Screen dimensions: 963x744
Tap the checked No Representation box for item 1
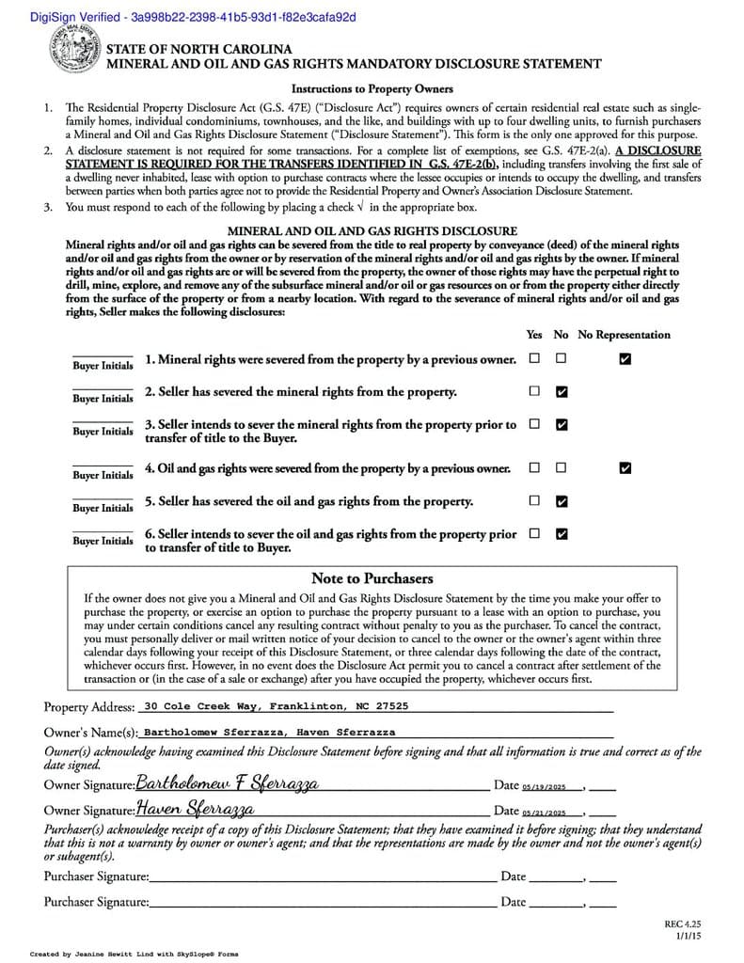coord(625,358)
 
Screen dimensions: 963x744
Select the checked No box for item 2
coord(562,391)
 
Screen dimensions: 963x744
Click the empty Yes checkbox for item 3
coord(534,424)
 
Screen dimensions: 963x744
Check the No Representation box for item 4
coord(625,467)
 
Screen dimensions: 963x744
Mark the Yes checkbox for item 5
coord(534,500)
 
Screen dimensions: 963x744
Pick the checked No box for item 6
coord(562,534)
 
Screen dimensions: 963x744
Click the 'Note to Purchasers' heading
coord(372,578)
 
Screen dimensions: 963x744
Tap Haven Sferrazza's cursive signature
coord(195,809)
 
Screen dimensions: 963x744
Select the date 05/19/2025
coord(546,787)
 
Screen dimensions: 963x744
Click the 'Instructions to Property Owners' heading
coord(372,88)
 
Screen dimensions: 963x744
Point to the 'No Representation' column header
coord(624,335)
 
